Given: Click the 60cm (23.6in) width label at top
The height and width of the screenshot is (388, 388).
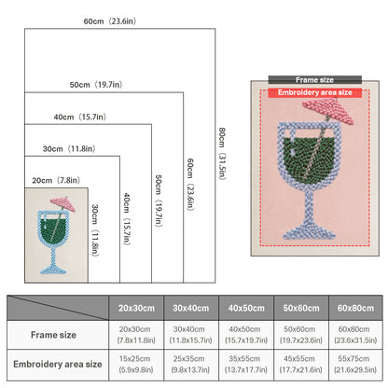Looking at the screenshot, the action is tap(110, 21).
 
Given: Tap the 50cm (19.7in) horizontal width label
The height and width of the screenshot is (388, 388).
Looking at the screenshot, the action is tap(96, 85).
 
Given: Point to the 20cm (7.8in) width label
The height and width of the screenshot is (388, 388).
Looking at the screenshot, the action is tap(56, 180).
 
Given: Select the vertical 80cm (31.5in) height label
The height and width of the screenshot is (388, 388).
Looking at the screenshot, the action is tap(222, 153).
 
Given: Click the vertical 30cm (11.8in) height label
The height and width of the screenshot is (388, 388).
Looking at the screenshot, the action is tap(95, 230).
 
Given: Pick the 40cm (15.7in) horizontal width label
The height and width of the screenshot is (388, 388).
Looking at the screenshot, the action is tap(80, 117).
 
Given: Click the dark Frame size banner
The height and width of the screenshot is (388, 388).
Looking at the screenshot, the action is tap(315, 80).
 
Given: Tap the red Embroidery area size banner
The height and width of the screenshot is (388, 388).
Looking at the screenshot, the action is tap(315, 92).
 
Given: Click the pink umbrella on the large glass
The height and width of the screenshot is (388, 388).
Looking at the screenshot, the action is tap(328, 111).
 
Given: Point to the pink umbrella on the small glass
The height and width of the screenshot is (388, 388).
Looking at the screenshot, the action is tap(63, 203).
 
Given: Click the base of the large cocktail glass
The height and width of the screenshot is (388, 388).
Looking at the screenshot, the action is tap(309, 232).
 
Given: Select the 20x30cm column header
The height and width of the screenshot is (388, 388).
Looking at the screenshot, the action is tap(136, 308).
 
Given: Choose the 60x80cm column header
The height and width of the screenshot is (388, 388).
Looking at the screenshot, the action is tap(355, 308).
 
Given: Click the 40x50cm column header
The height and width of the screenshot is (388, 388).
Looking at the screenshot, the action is tap(246, 308).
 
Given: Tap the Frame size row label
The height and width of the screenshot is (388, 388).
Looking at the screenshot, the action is tap(53, 335).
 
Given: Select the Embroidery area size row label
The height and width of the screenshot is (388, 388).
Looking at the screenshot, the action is tap(58, 364).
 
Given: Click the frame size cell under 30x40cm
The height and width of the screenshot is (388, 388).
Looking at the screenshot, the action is tap(191, 335).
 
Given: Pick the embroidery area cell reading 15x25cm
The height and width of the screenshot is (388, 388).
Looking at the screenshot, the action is tap(136, 364).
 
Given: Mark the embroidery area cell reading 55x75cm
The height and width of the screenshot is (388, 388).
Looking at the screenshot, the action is tap(355, 364).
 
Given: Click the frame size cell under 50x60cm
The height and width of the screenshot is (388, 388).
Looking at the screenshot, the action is tap(301, 335).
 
